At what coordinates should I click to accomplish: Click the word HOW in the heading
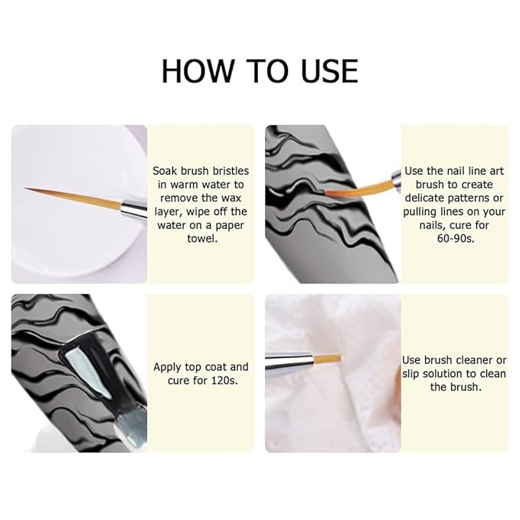(198, 70)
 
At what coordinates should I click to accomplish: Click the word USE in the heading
(329, 70)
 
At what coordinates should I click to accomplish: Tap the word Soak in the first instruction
(165, 171)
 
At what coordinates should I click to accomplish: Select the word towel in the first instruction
(202, 238)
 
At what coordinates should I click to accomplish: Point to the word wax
(231, 198)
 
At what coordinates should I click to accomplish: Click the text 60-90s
(456, 238)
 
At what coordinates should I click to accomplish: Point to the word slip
(410, 374)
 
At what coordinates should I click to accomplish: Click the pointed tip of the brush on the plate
(25, 188)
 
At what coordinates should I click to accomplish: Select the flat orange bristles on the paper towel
(327, 358)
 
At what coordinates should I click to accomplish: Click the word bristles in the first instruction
(231, 171)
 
